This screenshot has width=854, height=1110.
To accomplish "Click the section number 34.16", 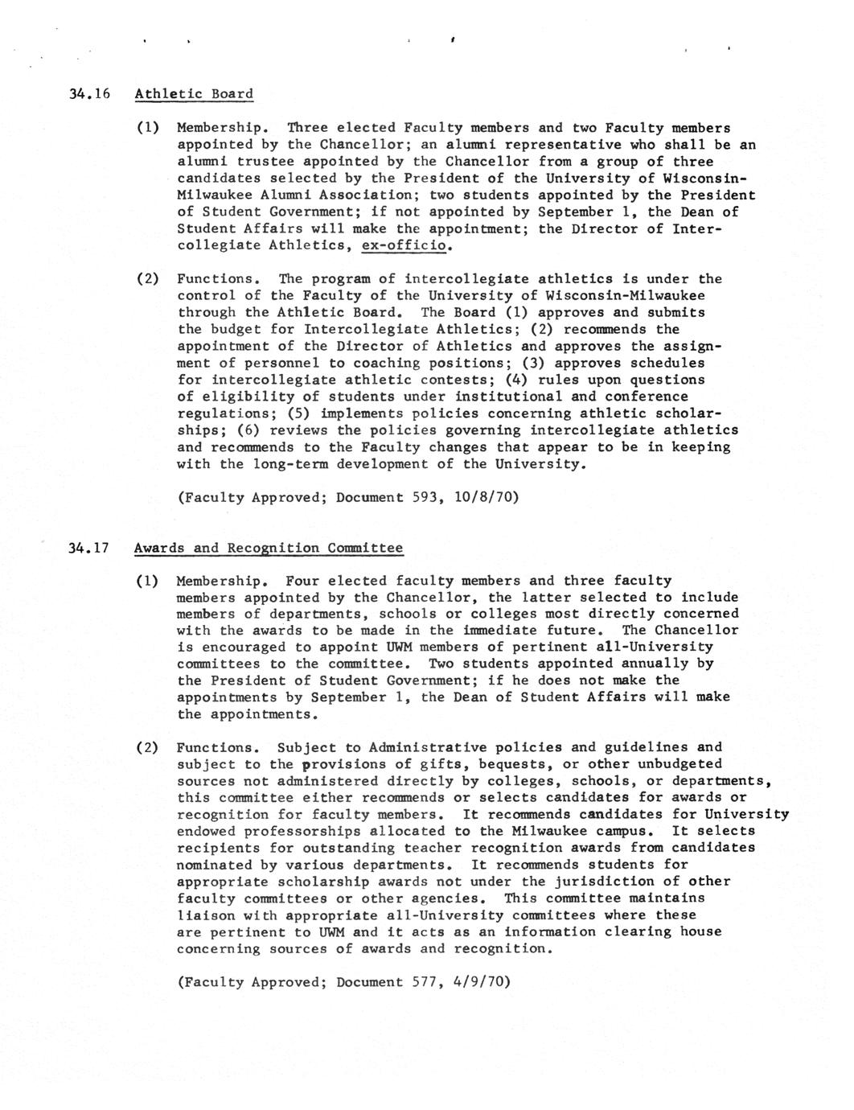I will tap(88, 94).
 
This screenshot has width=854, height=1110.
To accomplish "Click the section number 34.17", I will tap(88, 549).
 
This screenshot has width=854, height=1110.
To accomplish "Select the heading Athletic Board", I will tap(194, 94).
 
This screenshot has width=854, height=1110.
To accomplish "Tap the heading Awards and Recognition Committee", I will tap(269, 549).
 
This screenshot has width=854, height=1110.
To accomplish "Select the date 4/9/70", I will tap(481, 982).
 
